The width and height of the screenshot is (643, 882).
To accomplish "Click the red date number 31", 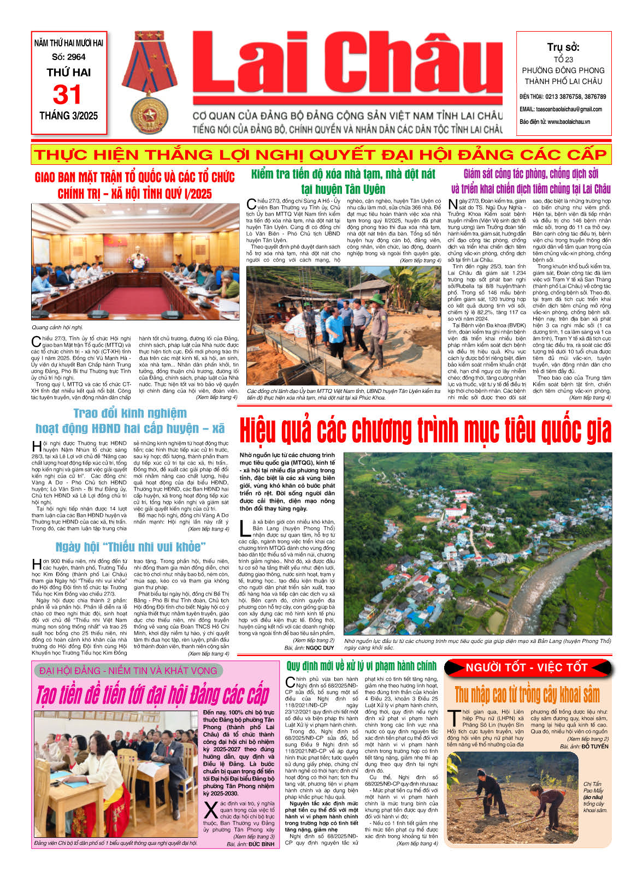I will [67, 94].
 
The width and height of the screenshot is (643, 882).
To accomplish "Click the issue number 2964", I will [76, 57].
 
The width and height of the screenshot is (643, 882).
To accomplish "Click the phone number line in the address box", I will [563, 97].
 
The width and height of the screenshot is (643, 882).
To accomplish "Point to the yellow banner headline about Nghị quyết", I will [321, 154].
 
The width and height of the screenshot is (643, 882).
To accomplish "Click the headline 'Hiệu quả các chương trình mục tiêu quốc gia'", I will [425, 431].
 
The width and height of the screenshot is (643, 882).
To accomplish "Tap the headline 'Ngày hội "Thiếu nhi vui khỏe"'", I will [131, 547].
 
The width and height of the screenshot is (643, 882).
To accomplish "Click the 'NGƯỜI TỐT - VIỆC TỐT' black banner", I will [526, 668].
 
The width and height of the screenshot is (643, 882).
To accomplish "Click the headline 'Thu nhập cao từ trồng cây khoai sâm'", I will [527, 695].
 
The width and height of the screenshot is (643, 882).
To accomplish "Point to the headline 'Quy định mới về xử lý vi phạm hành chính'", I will [361, 666].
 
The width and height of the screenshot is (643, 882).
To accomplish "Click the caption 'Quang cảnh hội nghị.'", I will [57, 327].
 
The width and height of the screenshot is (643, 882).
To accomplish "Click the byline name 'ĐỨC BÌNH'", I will [261, 844].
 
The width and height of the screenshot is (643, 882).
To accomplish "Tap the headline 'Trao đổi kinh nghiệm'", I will [130, 413].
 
